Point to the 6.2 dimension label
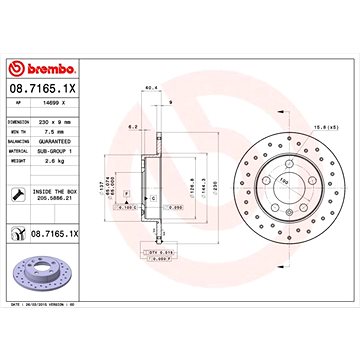tap(133, 127)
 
